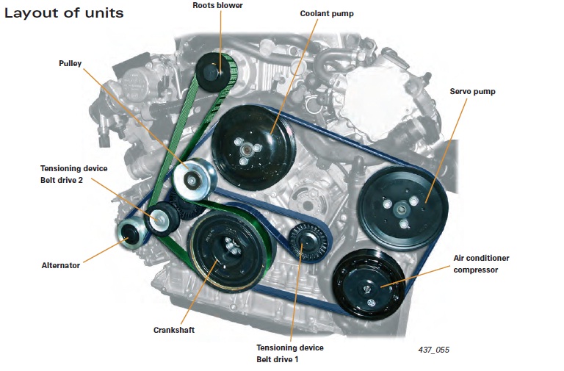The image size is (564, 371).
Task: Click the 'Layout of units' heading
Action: (x=64, y=14)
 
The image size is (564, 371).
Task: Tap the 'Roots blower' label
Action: (x=217, y=6)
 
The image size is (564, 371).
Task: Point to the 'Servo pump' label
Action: (x=472, y=93)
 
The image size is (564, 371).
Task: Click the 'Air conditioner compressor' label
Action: (x=481, y=264)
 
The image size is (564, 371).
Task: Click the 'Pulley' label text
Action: (x=70, y=64)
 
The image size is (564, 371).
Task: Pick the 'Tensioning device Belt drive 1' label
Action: (x=289, y=353)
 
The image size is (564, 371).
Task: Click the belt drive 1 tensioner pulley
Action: (x=305, y=241)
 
